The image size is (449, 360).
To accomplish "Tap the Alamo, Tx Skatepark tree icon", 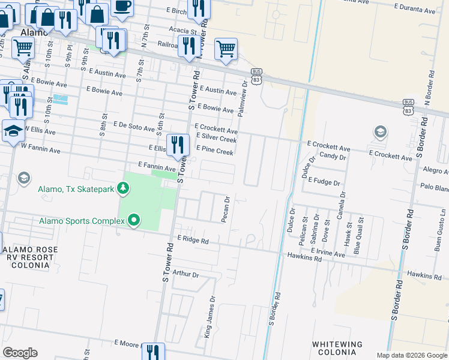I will pos(123,189).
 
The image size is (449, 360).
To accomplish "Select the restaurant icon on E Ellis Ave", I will pos(178,145).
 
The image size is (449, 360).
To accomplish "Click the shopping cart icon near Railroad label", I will pos(226,49).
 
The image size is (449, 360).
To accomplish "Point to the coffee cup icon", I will pos(122,6).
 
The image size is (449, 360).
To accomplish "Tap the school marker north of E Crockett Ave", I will pos(380,131).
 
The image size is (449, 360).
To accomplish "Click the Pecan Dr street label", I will pos(226,209).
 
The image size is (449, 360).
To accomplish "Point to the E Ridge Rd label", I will pos(192,240).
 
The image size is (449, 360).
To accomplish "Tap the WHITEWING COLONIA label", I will pos(337,348).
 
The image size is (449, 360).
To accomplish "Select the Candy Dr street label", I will pos(333,157).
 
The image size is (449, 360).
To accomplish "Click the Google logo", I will pos(20,353).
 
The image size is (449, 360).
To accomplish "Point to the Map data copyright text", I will pos(411,355).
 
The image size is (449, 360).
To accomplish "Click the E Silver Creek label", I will pos(215,139).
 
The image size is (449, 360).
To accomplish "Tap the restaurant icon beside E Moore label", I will pos(153,351).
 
